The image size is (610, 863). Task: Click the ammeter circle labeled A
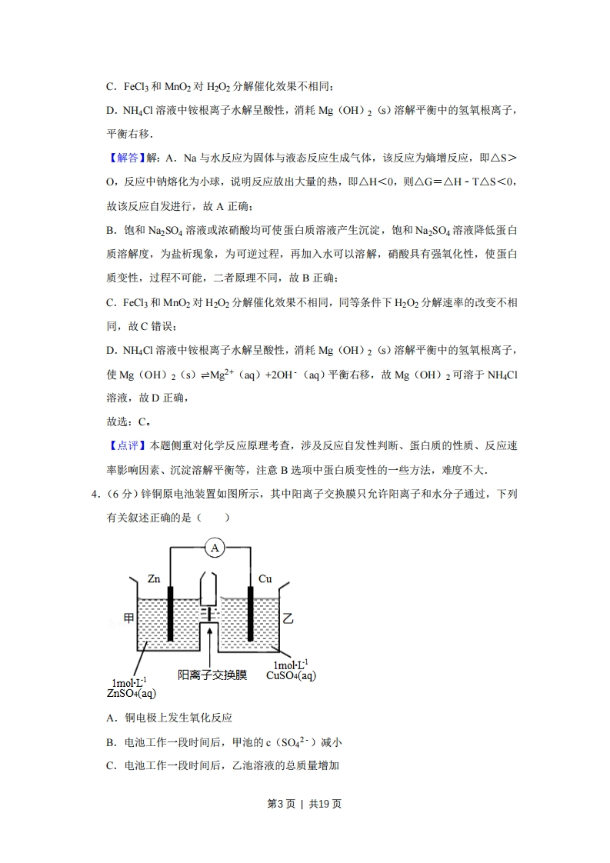pyautogui.click(x=215, y=547)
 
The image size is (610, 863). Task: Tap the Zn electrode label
pyautogui.click(x=155, y=579)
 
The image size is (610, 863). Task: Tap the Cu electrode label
pyautogui.click(x=265, y=578)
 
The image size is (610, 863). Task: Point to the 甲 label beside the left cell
pyautogui.click(x=128, y=618)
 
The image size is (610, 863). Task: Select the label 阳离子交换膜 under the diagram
pyautogui.click(x=212, y=675)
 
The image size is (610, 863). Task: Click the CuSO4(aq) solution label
pyautogui.click(x=291, y=675)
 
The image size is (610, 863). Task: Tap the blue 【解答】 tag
pyautogui.click(x=123, y=158)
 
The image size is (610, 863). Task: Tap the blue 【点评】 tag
pyautogui.click(x=123, y=446)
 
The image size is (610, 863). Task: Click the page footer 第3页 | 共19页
pyautogui.click(x=304, y=805)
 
